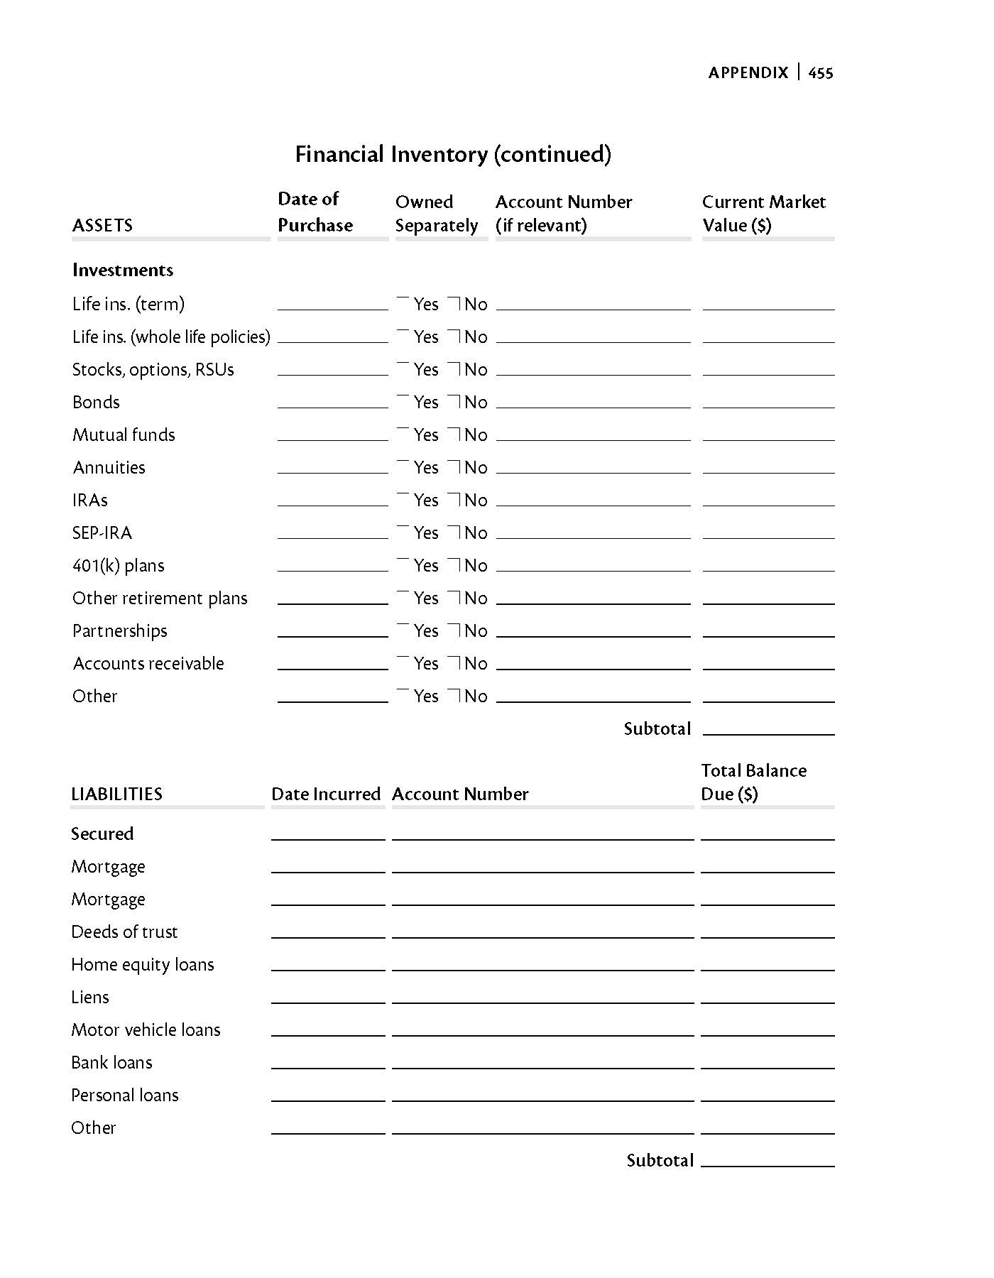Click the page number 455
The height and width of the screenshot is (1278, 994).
pyautogui.click(x=821, y=72)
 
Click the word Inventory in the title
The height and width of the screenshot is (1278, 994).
pyautogui.click(x=439, y=154)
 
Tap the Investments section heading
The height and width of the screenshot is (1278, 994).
pyautogui.click(x=123, y=270)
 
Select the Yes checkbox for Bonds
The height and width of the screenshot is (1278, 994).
pyautogui.click(x=403, y=401)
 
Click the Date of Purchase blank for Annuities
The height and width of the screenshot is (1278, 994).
pyautogui.click(x=332, y=467)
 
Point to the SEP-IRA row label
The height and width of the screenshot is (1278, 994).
pyautogui.click(x=102, y=532)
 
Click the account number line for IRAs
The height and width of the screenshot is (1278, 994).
pyautogui.click(x=593, y=500)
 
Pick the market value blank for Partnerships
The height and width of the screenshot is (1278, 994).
pyautogui.click(x=768, y=630)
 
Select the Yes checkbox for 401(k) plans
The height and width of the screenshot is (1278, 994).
pyautogui.click(x=403, y=564)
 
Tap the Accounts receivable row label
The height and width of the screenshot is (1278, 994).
pyautogui.click(x=148, y=663)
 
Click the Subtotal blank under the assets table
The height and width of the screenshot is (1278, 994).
pyautogui.click(x=768, y=728)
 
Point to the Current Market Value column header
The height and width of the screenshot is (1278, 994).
pyautogui.click(x=763, y=213)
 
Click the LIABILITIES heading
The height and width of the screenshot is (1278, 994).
pyautogui.click(x=116, y=794)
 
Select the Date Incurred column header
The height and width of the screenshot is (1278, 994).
pyautogui.click(x=326, y=794)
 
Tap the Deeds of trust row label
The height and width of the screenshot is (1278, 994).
pyautogui.click(x=124, y=932)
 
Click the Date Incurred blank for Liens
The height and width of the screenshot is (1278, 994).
pyautogui.click(x=328, y=997)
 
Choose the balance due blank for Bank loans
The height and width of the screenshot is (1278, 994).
pyautogui.click(x=768, y=1062)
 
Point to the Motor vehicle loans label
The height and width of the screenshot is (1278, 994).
pyautogui.click(x=146, y=1029)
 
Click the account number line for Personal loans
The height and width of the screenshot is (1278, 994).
pyautogui.click(x=542, y=1095)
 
